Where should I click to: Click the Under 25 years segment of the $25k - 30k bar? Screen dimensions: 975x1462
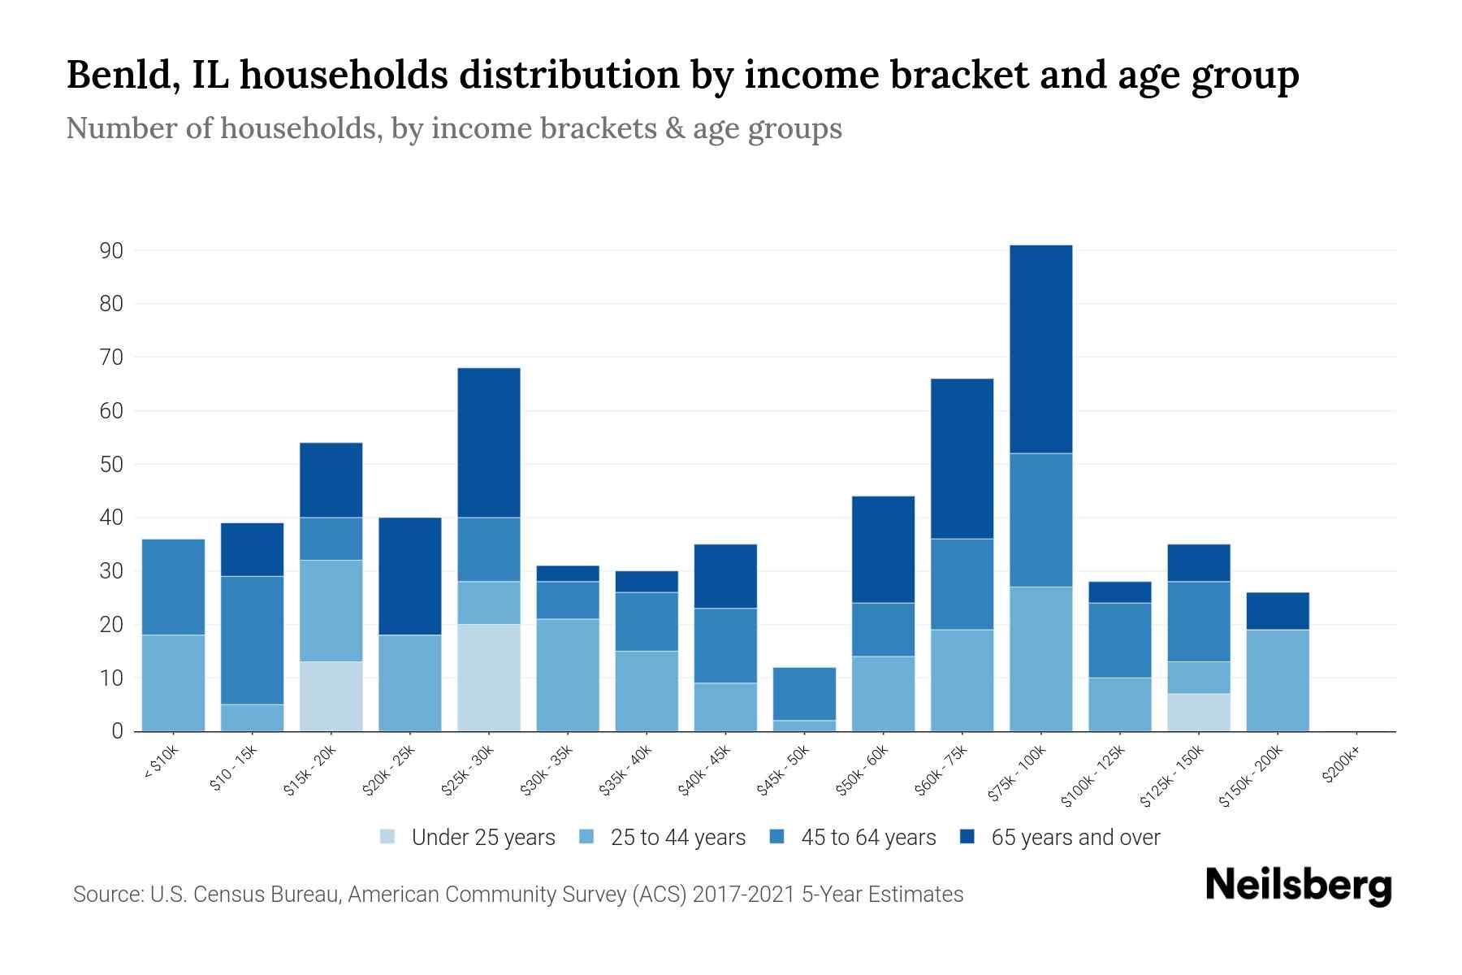(488, 678)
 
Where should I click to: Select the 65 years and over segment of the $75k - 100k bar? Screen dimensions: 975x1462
(1040, 349)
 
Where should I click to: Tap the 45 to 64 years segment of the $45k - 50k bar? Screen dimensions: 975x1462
(804, 694)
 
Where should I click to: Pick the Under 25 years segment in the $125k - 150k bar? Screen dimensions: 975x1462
(1198, 713)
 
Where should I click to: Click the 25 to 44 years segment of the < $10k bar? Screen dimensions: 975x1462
(173, 682)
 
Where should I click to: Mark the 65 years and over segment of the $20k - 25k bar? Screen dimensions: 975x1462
(409, 576)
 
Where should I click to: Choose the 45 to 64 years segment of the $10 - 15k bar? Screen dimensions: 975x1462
(252, 640)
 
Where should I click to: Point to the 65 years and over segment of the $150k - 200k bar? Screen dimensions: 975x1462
(1277, 611)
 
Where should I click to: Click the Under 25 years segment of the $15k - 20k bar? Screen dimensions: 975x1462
(331, 696)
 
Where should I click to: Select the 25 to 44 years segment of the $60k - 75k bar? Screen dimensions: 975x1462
(962, 680)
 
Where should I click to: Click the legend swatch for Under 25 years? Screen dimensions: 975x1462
(388, 837)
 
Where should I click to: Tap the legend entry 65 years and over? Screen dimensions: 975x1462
(1075, 837)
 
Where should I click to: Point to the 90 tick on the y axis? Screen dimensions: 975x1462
(111, 251)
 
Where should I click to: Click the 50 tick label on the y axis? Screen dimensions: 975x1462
(111, 465)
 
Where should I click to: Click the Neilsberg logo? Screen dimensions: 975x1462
(1298, 886)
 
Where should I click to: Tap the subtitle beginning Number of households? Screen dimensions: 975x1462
(453, 128)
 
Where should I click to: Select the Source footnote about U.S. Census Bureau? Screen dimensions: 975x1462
(518, 895)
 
